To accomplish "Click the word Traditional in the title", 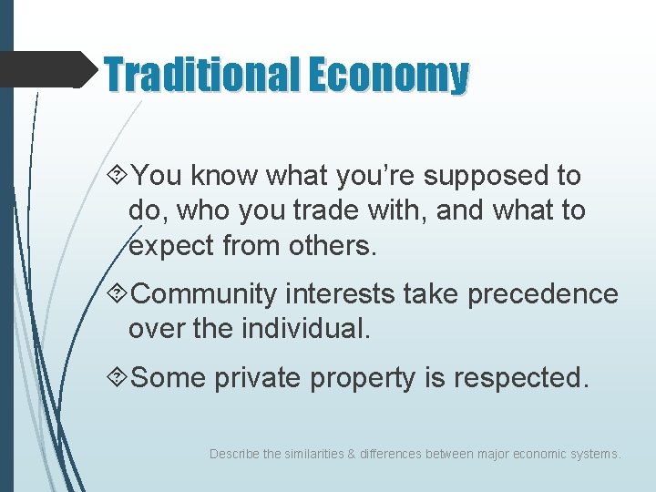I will click(x=202, y=74).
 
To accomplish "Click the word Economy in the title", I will click(x=388, y=76).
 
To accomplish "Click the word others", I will click(x=331, y=245).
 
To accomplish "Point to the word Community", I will click(x=205, y=294).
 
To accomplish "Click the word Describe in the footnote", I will click(x=233, y=453).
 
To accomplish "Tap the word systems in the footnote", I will click(x=596, y=453).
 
